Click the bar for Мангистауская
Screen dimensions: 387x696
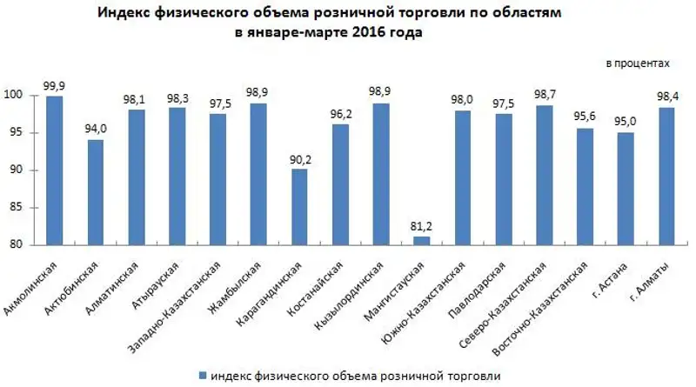point(421,241)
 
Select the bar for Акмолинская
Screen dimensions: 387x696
point(54,170)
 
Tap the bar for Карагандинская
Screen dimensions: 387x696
point(298,207)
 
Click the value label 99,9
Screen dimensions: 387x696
point(54,85)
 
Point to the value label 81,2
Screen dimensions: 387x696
point(421,226)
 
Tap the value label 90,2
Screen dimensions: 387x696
point(298,158)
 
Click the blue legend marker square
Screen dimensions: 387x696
point(203,375)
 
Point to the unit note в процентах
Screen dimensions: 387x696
point(639,64)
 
